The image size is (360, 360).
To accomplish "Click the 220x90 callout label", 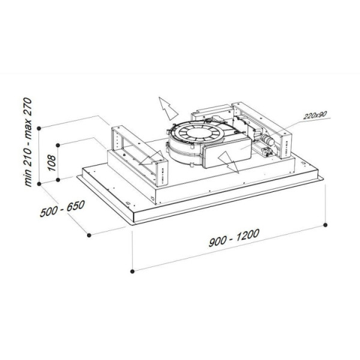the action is coord(315,115).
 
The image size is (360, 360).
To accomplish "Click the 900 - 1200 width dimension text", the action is coord(234,238).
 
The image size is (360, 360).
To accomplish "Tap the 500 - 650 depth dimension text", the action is coord(62,209).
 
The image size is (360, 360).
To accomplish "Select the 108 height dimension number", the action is coord(52,163).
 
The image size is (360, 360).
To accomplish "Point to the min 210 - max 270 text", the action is coord(28,142).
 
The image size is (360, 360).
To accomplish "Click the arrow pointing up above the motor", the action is coord(167,108).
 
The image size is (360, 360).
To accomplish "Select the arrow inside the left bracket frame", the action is coord(152,158).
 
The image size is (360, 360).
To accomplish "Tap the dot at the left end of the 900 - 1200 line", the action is coord(132,271).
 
